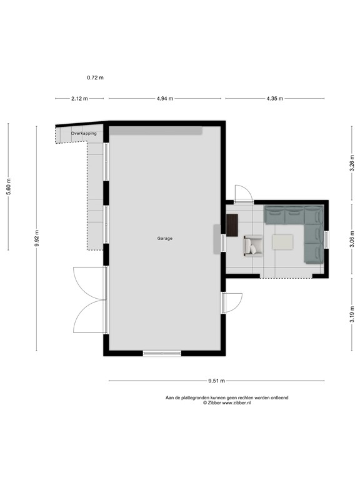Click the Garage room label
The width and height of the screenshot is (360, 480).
pyautogui.click(x=165, y=238)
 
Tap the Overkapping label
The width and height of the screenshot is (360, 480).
pyautogui.click(x=84, y=134)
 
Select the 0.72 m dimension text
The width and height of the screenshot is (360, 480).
pyautogui.click(x=95, y=77)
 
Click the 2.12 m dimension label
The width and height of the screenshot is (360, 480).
pyautogui.click(x=79, y=99)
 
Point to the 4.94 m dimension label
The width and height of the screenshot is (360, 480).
pyautogui.click(x=165, y=99)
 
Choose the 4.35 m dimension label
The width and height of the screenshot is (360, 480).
pyautogui.click(x=274, y=99)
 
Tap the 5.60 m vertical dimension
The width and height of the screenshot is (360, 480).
pyautogui.click(x=8, y=187)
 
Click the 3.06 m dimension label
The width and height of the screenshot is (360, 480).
pyautogui.click(x=352, y=240)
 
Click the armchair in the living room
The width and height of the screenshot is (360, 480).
pyautogui.click(x=253, y=245)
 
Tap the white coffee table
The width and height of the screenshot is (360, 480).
pyautogui.click(x=284, y=241)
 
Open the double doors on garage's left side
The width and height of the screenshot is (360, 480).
pyautogui.click(x=89, y=300)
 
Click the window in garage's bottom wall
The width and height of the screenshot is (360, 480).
pyautogui.click(x=162, y=354)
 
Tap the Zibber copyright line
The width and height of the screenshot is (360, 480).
pyautogui.click(x=226, y=403)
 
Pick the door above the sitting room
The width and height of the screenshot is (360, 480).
pyautogui.click(x=243, y=193)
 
